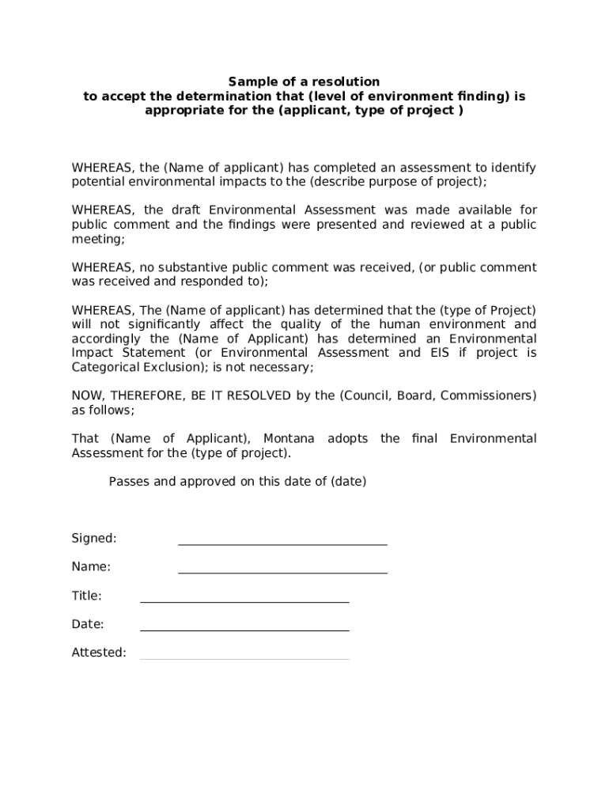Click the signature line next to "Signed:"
(282, 544)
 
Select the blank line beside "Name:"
(282, 573)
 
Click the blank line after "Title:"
(244, 602)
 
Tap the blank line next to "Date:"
(244, 630)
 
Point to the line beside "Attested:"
(244, 659)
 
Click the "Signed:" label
(94, 538)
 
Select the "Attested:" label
(99, 653)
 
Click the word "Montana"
(289, 438)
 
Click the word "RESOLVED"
(260, 396)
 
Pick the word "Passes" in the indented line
(128, 481)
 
